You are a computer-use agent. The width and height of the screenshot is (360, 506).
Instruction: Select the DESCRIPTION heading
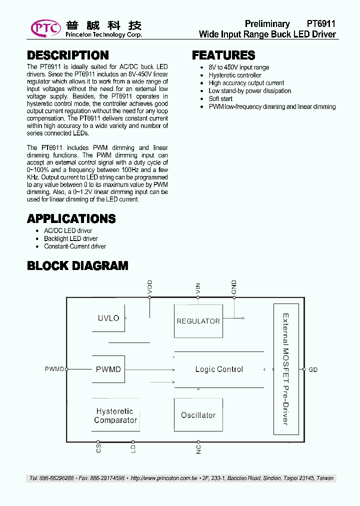pyautogui.click(x=67, y=55)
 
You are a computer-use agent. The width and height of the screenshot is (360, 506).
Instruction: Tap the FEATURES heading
pyautogui.click(x=223, y=55)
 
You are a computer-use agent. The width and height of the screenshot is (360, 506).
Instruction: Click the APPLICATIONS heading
pyautogui.click(x=71, y=218)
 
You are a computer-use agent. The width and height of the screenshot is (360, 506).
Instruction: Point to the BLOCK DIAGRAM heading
pyautogui.click(x=77, y=266)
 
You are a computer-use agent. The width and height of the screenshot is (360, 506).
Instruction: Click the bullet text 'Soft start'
pyautogui.click(x=220, y=98)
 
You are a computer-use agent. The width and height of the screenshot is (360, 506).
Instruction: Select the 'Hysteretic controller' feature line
pyautogui.click(x=235, y=75)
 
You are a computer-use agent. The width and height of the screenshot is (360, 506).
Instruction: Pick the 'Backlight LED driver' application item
pyautogui.click(x=70, y=238)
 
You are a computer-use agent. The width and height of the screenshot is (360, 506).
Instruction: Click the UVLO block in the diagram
pyautogui.click(x=108, y=318)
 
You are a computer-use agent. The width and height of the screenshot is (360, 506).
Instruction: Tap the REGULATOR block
pyautogui.click(x=198, y=321)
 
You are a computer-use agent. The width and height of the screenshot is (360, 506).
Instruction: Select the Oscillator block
pyautogui.click(x=198, y=415)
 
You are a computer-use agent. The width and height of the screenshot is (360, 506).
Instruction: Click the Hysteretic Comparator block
pyautogui.click(x=115, y=415)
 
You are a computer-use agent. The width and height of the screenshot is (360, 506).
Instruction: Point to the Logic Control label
pyautogui.click(x=219, y=369)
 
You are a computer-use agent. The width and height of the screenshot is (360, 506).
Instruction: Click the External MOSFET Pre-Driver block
pyautogui.click(x=285, y=369)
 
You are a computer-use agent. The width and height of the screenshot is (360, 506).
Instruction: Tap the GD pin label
pyautogui.click(x=313, y=370)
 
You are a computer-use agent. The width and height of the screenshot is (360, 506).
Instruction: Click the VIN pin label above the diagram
pyautogui.click(x=198, y=288)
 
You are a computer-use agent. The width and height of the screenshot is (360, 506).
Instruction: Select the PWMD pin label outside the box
pyautogui.click(x=54, y=369)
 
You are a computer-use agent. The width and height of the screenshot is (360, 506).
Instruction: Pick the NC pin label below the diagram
pyautogui.click(x=198, y=448)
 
